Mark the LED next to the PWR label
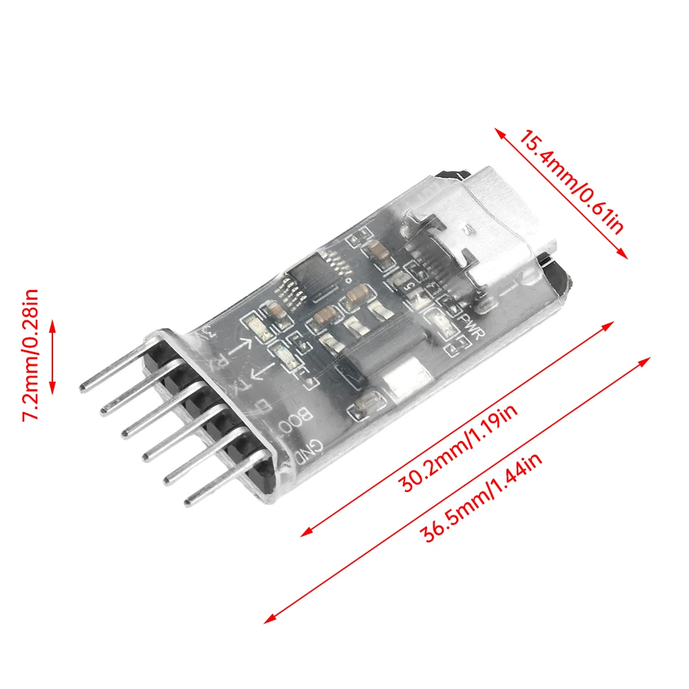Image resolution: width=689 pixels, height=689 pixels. (442, 320)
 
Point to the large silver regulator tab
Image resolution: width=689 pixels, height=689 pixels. (407, 378)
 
